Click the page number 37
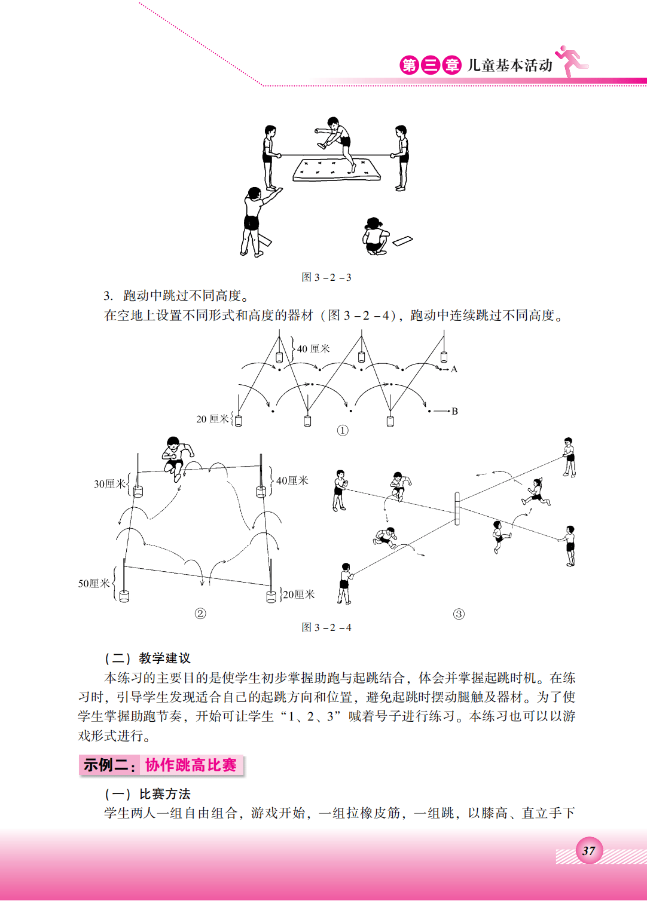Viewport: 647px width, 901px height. [588, 851]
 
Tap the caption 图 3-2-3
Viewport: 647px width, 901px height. [326, 277]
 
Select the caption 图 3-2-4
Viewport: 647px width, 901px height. [326, 627]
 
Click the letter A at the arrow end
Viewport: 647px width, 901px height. [454, 369]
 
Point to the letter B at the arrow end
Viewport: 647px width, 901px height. [454, 411]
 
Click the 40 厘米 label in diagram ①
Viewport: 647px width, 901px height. [313, 349]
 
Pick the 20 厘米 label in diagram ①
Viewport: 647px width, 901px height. [212, 419]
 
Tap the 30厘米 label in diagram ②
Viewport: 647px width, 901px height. [109, 484]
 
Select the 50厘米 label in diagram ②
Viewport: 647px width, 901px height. [94, 584]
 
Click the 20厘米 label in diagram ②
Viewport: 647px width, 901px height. [298, 594]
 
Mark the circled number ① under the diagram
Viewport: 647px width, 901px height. [343, 430]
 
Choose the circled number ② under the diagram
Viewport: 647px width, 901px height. [200, 614]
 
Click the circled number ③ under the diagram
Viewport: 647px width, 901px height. [459, 614]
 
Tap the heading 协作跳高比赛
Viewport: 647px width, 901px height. [191, 765]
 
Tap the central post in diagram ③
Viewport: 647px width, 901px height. [457, 508]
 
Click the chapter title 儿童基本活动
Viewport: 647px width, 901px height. [509, 65]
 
